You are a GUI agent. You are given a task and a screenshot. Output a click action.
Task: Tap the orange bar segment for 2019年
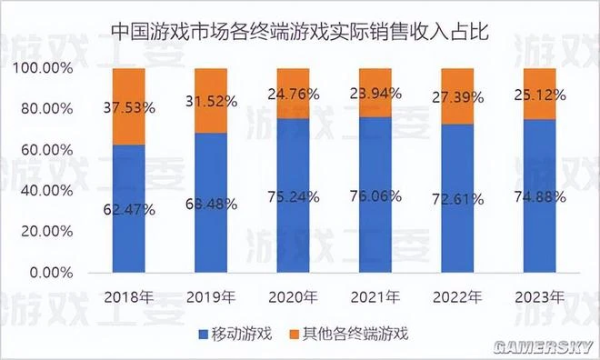point(210,100)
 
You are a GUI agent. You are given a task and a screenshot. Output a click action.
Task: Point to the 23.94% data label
point(376,93)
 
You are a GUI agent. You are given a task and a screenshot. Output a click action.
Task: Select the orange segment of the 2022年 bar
point(459,95)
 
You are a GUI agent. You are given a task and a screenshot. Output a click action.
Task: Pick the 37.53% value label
point(128,106)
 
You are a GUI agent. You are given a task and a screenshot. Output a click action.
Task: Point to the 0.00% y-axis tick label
point(51,272)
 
